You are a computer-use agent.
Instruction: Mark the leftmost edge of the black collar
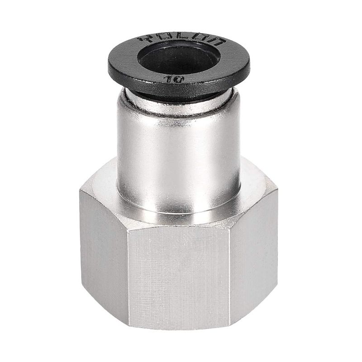pos(108,66)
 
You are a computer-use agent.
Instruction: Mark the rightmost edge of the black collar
pos(250,63)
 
